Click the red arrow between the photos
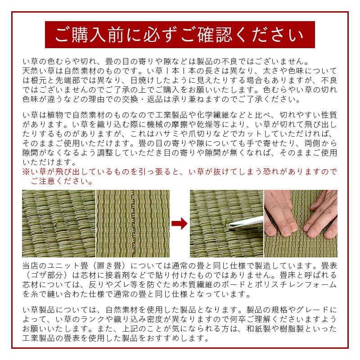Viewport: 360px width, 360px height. click(180, 223)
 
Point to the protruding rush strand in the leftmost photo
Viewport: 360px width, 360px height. click(57, 221)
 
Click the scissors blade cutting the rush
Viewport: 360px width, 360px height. click(246, 223)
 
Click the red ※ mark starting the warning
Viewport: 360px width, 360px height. click(26, 171)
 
